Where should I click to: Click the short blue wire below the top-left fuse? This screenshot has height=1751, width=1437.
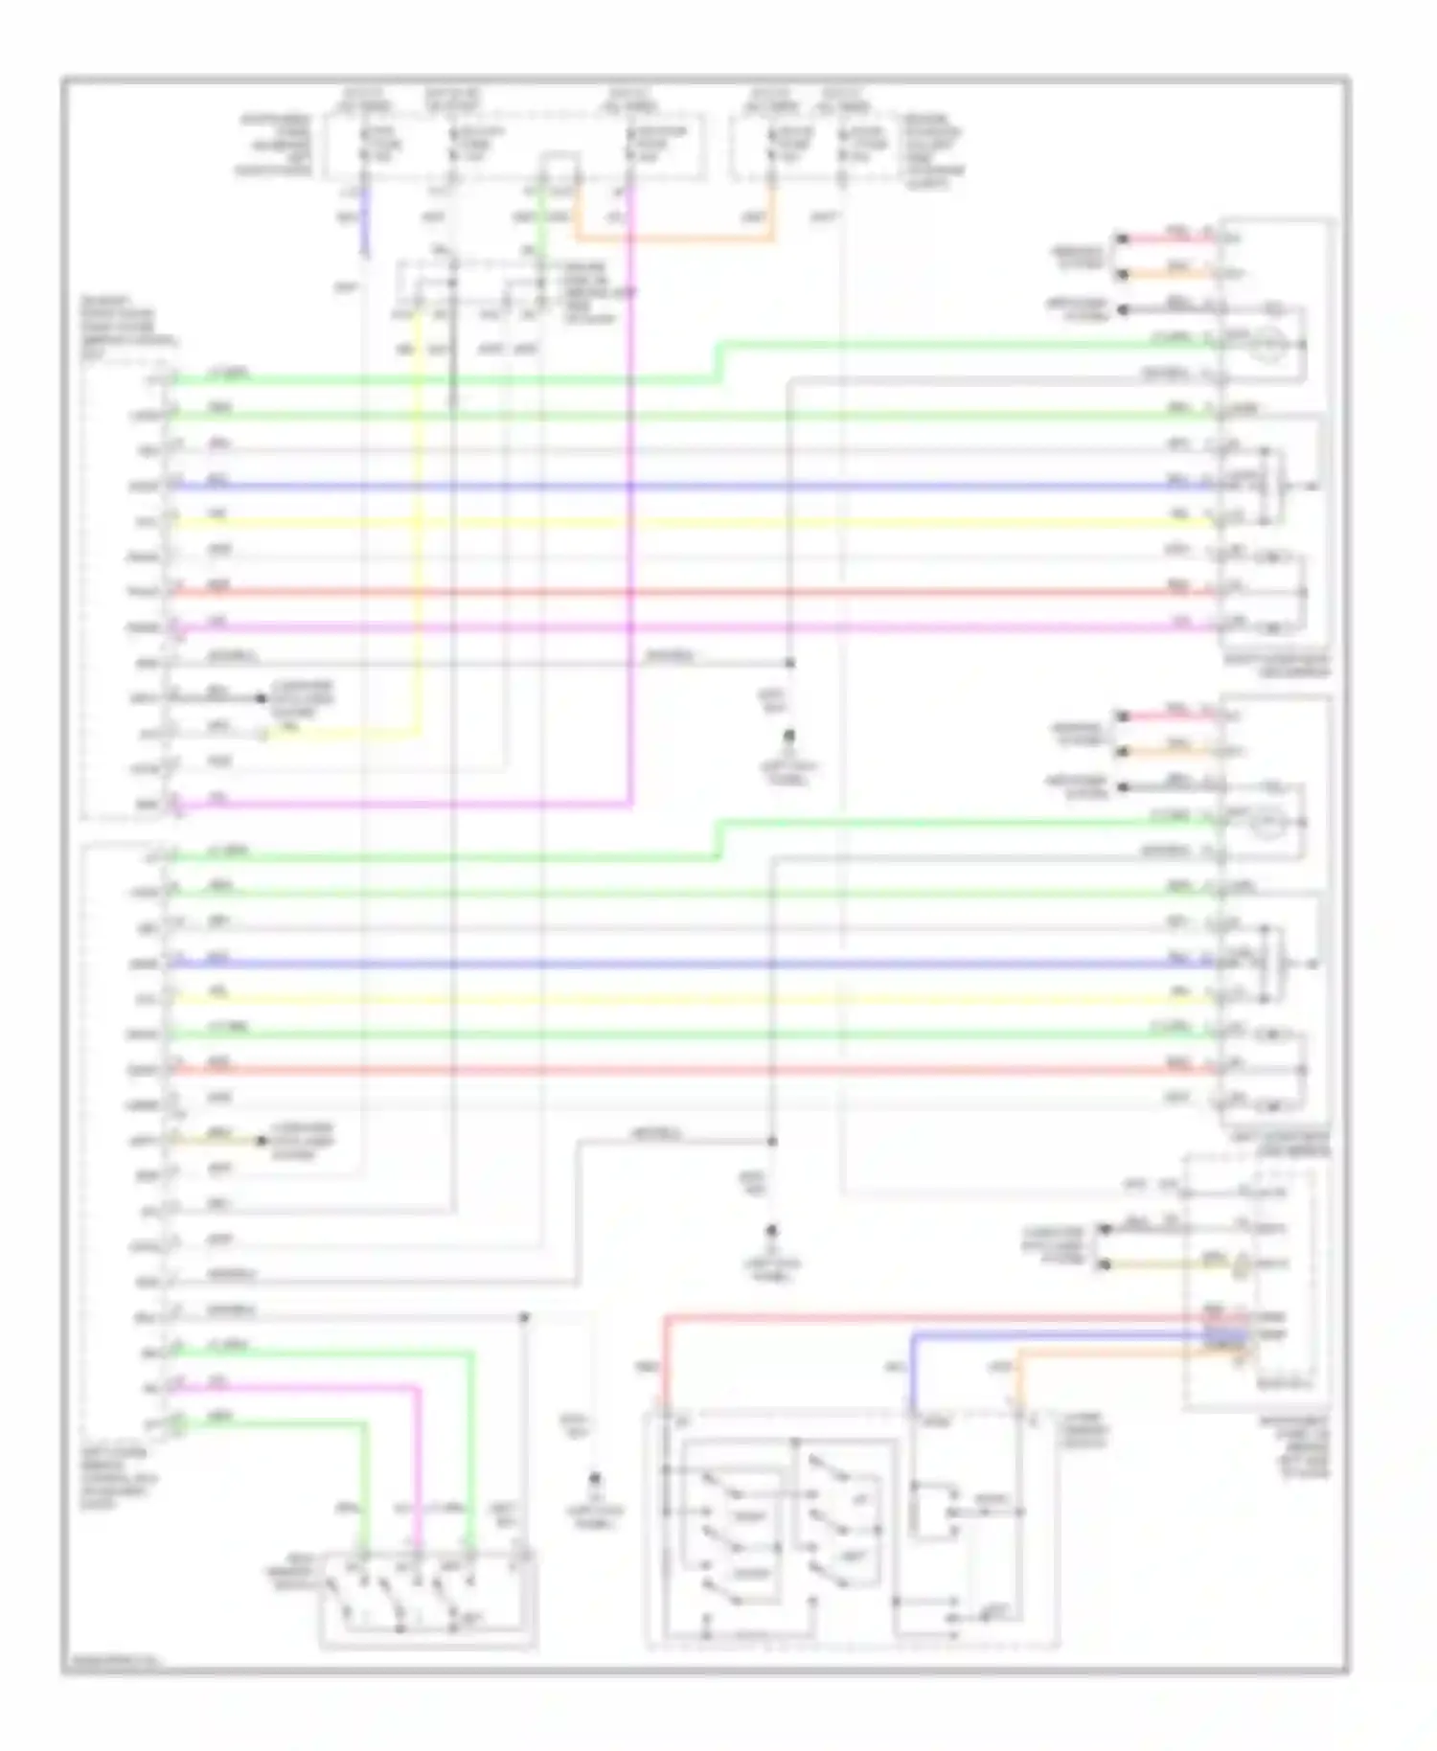(x=365, y=224)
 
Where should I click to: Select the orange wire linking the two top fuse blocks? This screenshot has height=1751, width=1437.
(x=671, y=239)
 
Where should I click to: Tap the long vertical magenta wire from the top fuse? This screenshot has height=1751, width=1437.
(x=631, y=498)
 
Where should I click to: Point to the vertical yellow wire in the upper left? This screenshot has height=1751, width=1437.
(x=418, y=536)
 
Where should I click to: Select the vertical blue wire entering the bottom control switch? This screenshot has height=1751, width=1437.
(x=911, y=1370)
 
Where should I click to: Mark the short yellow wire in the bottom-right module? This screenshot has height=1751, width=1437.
(x=1169, y=1264)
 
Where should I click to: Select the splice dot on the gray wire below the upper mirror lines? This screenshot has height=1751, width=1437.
(x=789, y=663)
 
